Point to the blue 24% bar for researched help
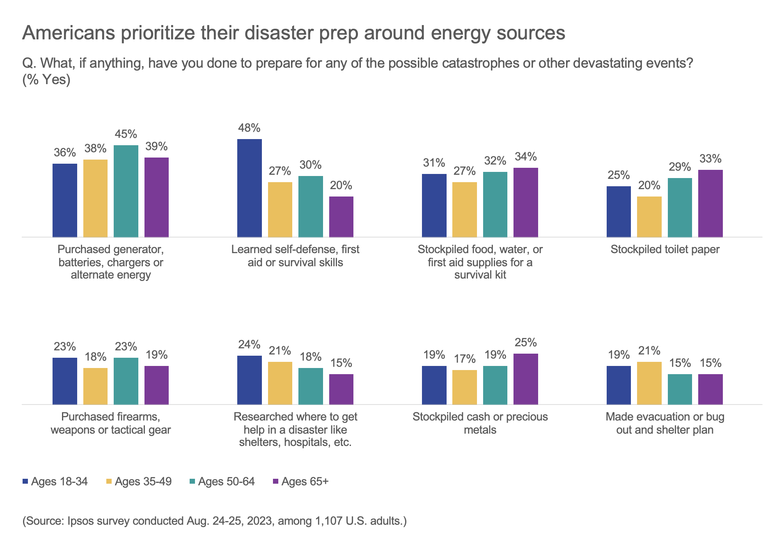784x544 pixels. pos(250,380)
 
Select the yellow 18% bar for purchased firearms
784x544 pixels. pos(95,386)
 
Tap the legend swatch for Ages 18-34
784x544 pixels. pos(25,482)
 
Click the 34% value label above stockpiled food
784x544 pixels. pos(525,157)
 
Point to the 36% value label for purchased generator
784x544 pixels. pos(65,153)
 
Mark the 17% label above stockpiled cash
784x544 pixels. pos(465,359)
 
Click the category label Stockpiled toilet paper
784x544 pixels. pos(665,249)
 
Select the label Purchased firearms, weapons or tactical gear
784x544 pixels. pos(110,423)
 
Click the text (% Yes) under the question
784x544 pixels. pos(46,80)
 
